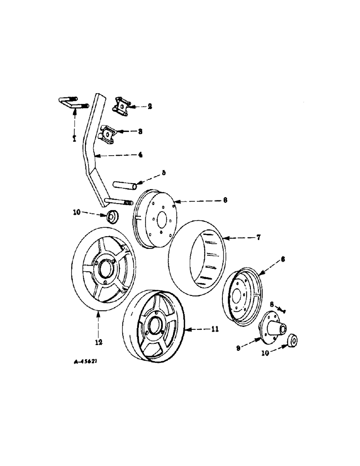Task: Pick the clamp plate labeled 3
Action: (x=108, y=134)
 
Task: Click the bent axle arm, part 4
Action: (x=91, y=154)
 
